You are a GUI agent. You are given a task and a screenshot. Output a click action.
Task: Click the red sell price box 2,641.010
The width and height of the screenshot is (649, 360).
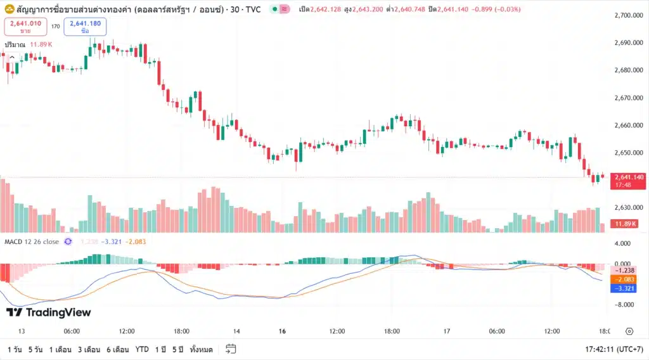[25, 26]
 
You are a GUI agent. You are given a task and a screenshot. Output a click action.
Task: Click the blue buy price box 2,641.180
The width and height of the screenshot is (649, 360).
[85, 26]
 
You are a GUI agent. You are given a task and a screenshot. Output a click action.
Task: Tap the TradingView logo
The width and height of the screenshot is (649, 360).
[49, 312]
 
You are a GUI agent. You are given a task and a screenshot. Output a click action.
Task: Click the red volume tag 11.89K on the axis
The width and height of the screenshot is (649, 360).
[626, 224]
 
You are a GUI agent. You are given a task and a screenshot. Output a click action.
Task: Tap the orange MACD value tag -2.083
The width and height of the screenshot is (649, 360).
[625, 280]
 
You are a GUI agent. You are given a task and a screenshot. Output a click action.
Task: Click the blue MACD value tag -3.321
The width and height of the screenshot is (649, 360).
[625, 288]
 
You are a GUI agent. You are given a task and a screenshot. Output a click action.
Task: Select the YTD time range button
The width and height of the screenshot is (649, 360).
[142, 349]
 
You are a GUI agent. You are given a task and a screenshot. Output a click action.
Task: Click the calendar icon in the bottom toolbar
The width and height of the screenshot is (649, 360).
[231, 349]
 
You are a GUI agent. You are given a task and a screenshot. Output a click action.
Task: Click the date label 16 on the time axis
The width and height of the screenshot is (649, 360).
[283, 331]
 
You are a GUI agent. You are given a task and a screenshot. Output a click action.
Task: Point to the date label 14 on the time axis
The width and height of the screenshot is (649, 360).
[236, 331]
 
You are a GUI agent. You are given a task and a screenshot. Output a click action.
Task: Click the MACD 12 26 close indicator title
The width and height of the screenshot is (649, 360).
[32, 241]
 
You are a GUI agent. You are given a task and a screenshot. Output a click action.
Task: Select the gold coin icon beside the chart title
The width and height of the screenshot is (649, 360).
[10, 10]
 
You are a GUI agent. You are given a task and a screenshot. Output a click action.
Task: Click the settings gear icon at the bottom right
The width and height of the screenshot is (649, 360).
[629, 331]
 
